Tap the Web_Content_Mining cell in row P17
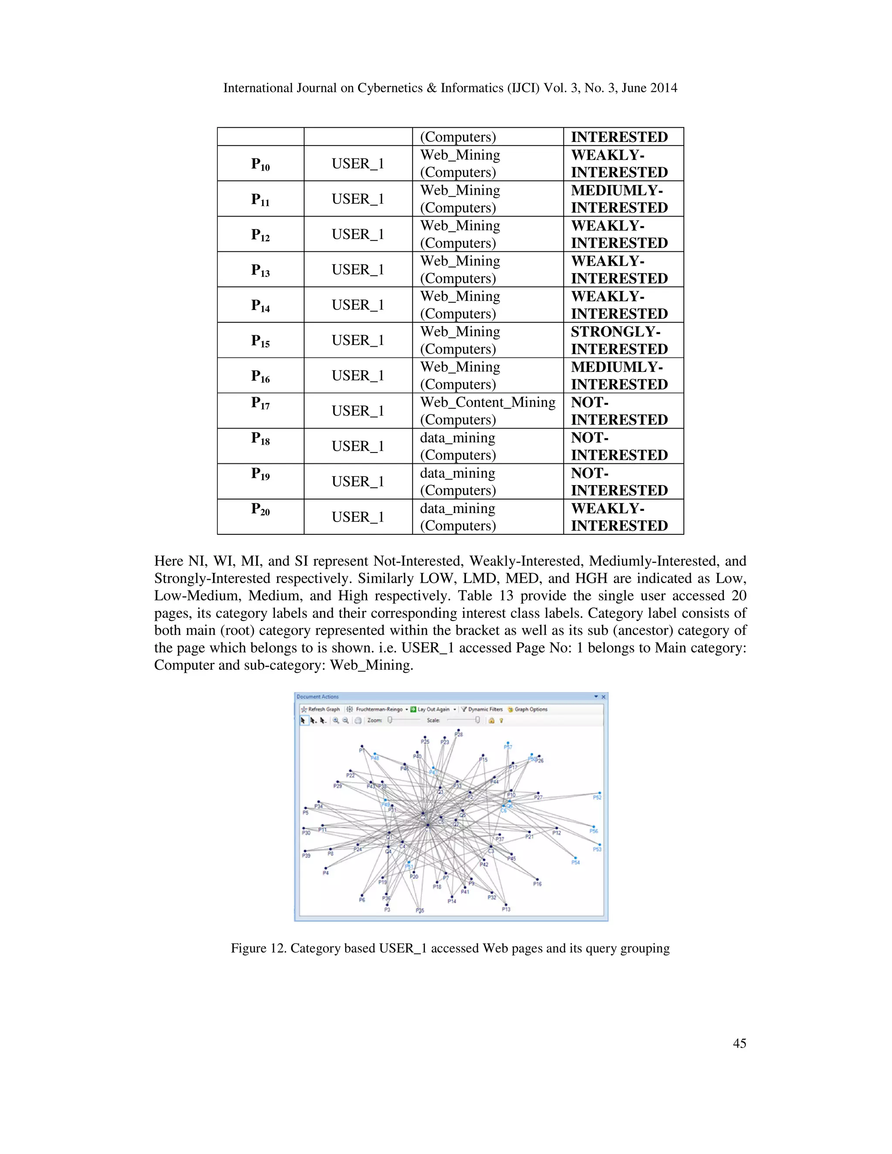[x=487, y=411]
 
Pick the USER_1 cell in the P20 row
[x=358, y=517]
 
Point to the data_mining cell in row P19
[x=458, y=481]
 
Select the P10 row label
[x=260, y=164]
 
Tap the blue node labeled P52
[x=599, y=792]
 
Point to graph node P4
[x=326, y=867]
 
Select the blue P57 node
[x=508, y=742]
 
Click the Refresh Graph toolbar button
[x=320, y=709]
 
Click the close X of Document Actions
[x=604, y=697]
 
